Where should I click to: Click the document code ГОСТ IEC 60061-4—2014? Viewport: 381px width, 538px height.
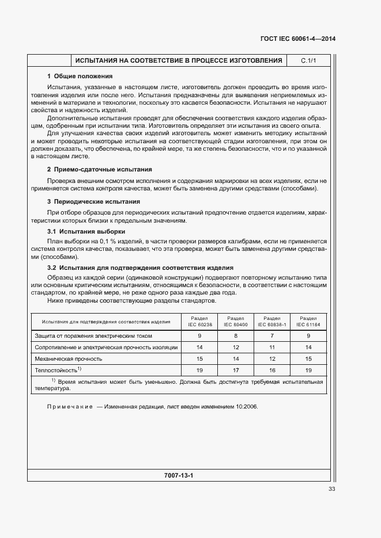tap(294, 39)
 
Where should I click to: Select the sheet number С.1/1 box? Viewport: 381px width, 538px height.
tap(308, 60)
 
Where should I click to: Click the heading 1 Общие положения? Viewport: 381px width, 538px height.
tap(80, 76)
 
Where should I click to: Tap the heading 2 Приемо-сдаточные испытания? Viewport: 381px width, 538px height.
tap(99, 169)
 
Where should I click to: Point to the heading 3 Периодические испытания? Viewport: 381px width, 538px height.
tap(93, 202)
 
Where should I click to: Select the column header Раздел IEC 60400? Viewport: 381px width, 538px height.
tap(236, 321)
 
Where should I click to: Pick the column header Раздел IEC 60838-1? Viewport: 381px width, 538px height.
tap(272, 321)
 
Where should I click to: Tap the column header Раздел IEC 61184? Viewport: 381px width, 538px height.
tap(308, 321)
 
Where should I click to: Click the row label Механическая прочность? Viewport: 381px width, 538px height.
tap(69, 358)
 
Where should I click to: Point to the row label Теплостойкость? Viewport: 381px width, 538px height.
tap(58, 369)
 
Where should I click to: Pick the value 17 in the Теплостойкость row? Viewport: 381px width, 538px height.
tap(236, 370)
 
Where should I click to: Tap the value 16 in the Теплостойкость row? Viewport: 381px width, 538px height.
tap(272, 370)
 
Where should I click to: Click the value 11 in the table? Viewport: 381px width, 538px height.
tap(272, 347)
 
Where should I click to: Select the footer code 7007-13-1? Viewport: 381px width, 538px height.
tap(179, 476)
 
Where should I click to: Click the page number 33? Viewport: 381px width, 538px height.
tap(331, 489)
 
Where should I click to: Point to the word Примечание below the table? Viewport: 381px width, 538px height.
tap(70, 407)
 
